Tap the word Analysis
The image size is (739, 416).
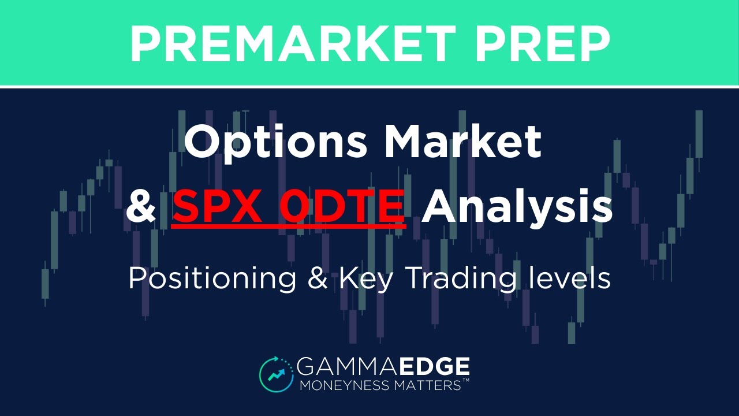(x=517, y=208)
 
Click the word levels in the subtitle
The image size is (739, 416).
(x=569, y=278)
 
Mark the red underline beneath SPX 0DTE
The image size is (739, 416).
(x=289, y=225)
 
